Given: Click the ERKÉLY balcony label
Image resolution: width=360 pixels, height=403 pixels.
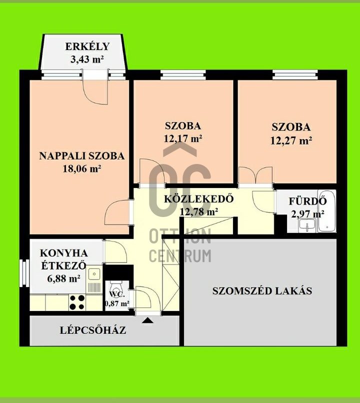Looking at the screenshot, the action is pos(87,46).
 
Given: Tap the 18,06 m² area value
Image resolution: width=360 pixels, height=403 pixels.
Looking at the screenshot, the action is pos(82,168).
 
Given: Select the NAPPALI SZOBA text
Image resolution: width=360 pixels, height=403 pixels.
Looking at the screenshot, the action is pos(81,156).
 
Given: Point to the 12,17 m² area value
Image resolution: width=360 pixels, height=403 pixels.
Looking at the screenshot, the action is pos(183,139).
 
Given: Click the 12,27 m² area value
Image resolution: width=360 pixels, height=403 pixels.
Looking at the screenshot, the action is pos(291,140).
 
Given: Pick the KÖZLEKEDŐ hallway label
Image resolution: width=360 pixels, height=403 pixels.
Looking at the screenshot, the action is pos(199,198).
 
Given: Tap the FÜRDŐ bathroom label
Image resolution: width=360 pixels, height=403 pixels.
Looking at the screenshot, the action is pos(307,201).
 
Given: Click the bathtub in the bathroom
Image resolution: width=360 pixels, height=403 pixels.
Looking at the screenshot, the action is pos(326,211).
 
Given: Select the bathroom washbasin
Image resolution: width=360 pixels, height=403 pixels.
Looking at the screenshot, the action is pos(307,225).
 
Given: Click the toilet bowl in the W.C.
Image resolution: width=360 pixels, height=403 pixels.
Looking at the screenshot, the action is pos(116,285).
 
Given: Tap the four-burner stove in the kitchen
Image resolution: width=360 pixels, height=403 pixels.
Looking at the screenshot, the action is pos(77,302).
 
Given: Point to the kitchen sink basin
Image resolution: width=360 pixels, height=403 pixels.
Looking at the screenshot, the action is pos(94,274).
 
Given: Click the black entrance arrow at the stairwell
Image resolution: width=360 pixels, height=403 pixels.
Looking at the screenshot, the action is pos(147,320).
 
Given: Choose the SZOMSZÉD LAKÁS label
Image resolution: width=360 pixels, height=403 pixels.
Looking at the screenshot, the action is pos(262,290).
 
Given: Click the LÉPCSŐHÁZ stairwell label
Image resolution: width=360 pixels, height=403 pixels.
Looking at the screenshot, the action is pos(93,330).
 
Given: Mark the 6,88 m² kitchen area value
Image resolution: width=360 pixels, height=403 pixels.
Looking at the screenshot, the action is pos(63,278).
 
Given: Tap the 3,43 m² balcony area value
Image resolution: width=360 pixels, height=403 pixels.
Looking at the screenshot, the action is pos(87,59).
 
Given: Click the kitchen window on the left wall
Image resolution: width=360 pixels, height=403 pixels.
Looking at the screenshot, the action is pos(24,272).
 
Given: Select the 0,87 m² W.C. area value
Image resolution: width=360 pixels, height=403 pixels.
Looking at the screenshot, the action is pos(117,303).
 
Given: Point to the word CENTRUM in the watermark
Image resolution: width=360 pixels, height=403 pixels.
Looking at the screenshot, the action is pos(180,256).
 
